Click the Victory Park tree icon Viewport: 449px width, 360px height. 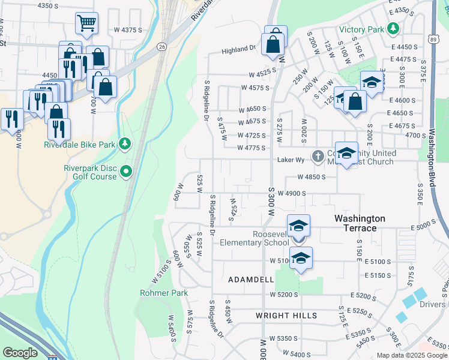coord(393,29)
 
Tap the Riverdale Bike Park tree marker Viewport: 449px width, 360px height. coord(125,143)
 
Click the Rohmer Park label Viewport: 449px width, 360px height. coord(164,293)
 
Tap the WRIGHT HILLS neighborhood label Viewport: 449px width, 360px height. coord(286,315)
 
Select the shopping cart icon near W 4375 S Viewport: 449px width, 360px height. coord(86,23)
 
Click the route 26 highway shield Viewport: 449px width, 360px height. coord(162,46)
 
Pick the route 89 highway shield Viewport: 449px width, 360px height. coord(433,38)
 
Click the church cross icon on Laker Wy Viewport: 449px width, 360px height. coord(318,157)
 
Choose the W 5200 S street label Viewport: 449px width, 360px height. coord(284,295)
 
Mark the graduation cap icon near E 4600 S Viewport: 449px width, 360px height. coord(372,82)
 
